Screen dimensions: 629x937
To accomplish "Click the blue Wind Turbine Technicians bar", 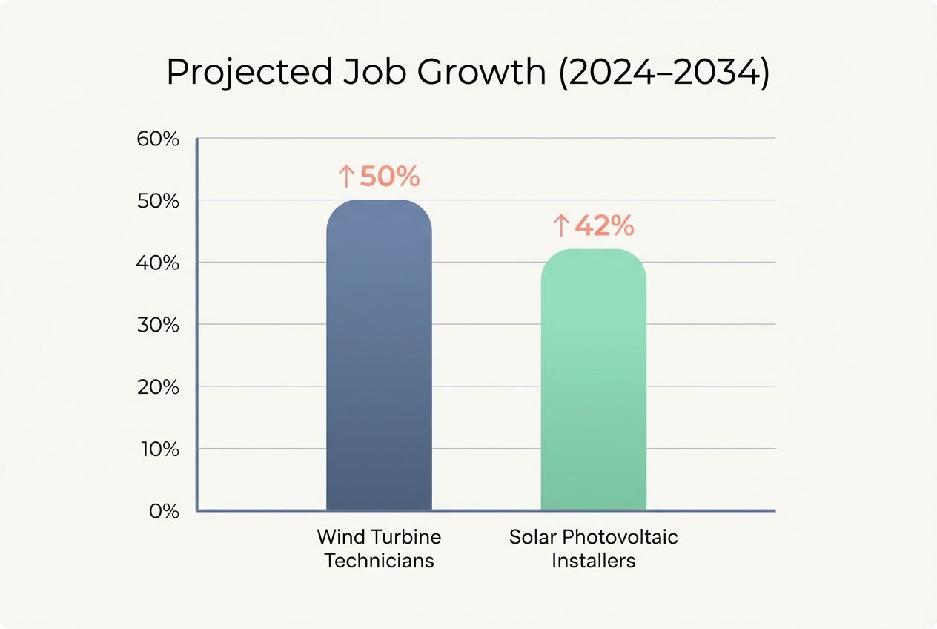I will coord(379,356).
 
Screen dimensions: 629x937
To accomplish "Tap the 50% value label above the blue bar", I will coord(390,177).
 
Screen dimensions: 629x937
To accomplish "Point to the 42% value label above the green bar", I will coord(604,226).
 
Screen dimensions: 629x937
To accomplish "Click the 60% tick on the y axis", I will coord(159,139).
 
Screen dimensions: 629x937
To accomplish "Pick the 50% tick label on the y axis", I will coord(159,201).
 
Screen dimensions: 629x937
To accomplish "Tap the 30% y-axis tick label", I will coord(159,325).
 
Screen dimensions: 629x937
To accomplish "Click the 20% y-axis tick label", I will coord(159,387).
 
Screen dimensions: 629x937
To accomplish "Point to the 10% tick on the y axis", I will coord(159,449).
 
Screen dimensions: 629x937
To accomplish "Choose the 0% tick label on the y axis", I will coord(164,511).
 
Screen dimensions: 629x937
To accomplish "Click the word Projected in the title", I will coord(248,73).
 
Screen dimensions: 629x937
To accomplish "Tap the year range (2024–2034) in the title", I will coord(664,73).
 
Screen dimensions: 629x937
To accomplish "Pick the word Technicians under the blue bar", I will coord(379,560).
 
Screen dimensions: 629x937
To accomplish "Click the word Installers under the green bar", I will coord(593,560).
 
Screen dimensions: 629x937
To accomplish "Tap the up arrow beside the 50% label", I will coord(346,177).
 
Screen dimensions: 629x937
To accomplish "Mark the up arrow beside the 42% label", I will coord(561,226).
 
